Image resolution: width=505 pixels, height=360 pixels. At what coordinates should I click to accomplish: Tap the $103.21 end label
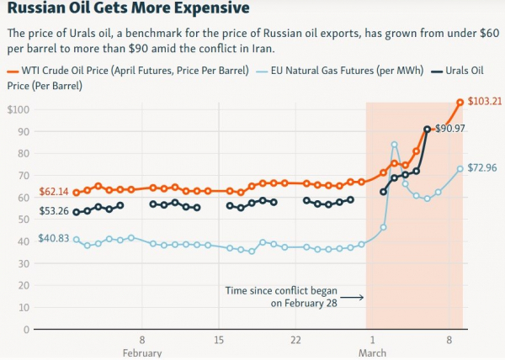(484, 102)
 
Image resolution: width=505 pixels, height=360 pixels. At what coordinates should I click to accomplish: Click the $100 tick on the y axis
(19, 110)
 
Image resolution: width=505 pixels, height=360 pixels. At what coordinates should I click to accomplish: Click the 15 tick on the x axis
(218, 340)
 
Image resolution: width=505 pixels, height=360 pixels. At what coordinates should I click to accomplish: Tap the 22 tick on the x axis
(295, 340)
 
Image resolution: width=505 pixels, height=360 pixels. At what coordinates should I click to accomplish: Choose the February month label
(141, 352)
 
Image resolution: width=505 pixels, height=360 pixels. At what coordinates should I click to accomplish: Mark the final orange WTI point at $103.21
(460, 103)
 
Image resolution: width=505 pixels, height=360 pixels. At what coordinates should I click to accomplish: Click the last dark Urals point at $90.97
(428, 129)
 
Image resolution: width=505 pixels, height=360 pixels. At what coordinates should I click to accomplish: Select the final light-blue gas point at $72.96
(460, 168)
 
